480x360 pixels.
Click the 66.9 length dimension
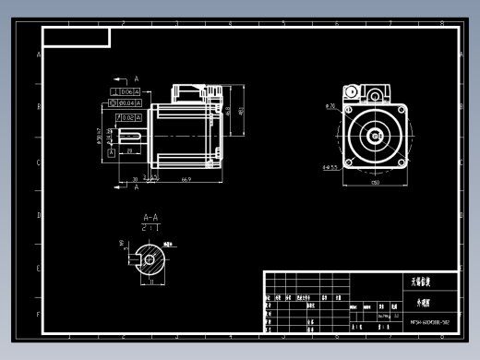pos(186,179)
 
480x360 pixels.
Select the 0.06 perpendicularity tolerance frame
pos(125,92)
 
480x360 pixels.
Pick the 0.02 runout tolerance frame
pos(127,117)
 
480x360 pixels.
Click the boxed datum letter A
pos(112,152)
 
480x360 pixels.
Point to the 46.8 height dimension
pos(227,111)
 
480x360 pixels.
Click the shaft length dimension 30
pos(135,179)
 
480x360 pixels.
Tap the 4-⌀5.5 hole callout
pos(330,167)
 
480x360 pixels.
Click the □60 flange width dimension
pos(375,183)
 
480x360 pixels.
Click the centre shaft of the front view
pos(376,136)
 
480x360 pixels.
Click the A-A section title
pos(150,218)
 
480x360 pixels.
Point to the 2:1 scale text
pos(150,227)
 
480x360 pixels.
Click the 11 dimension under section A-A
pos(150,282)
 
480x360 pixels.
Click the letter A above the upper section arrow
pos(136,79)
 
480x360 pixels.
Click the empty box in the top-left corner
pos(77,37)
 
